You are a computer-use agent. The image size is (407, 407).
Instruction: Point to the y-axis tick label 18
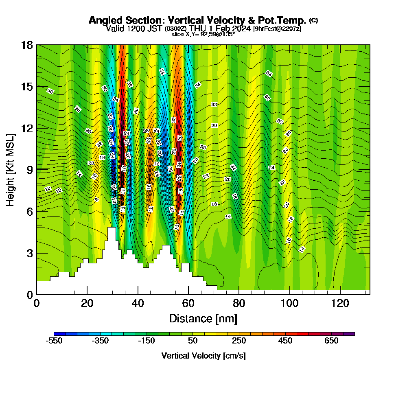pos(27,45)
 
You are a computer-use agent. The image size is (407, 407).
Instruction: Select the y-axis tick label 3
pos(30,253)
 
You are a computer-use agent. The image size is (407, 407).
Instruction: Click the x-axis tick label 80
pos(239,303)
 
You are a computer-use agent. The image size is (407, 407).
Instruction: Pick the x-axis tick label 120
pos(340,303)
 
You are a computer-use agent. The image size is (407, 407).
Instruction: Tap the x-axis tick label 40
pos(138,303)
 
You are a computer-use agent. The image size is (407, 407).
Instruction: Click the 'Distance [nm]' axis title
pos(203,318)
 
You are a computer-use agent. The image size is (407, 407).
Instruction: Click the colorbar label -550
pos(54,341)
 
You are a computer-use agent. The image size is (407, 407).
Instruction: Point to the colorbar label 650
pos(331,341)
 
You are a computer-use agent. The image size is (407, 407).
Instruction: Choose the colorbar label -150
pos(147,341)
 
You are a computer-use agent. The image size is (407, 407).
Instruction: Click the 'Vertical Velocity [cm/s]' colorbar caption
pos(203,356)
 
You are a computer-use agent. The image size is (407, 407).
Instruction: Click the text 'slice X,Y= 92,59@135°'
pos(203,35)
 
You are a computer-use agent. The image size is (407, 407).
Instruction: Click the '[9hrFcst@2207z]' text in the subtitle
pos(277,29)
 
